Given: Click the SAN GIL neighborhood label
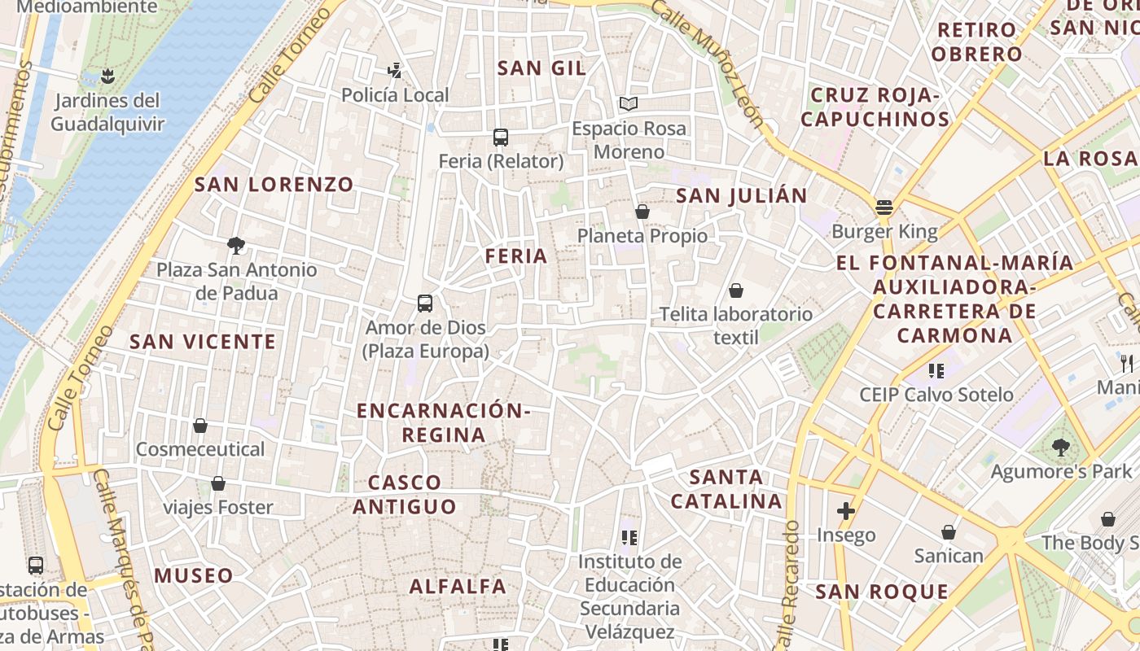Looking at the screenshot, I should coord(541,68).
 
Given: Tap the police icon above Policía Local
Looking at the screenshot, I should coord(395,71).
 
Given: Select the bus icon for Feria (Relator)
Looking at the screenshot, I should coord(501,138).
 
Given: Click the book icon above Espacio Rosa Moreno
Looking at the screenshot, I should coord(628,104).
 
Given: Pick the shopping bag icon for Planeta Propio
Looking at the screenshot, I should coord(642,212).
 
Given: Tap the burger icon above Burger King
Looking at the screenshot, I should coord(884,208).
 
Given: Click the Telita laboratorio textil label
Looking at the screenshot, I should coord(735,325).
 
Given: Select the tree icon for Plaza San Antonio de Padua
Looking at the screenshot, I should coord(236,245).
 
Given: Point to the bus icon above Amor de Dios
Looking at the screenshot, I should coord(425,304).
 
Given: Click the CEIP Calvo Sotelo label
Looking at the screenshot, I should coord(936,395).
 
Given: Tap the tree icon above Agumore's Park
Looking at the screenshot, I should coord(1060,447).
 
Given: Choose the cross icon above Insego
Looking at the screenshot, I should coord(846,511).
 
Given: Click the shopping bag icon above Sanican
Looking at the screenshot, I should coord(949,532).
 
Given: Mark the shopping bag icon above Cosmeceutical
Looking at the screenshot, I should coord(200,426).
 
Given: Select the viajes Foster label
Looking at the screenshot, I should coord(218,508).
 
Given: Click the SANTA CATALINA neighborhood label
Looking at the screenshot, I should coord(726,489).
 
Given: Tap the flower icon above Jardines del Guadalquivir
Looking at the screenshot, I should coord(107,77).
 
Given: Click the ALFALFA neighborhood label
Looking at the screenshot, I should coord(458,587).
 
